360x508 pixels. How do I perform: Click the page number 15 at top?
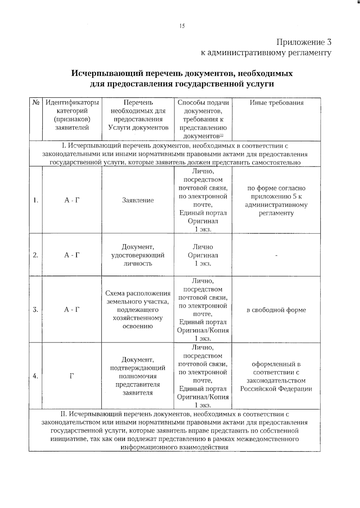click(182, 26)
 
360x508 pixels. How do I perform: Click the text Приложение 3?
click(304, 42)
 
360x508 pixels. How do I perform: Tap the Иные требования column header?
click(276, 103)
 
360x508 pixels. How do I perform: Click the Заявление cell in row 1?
click(138, 200)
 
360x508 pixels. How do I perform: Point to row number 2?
click(35, 255)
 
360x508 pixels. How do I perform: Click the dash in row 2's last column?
click(276, 255)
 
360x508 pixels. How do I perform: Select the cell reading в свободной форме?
click(276, 310)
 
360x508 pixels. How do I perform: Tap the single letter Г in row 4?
click(72, 376)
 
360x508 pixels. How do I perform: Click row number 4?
click(35, 376)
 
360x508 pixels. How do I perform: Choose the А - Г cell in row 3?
click(72, 310)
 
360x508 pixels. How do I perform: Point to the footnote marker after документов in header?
click(221, 135)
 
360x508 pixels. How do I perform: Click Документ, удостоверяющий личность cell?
click(138, 255)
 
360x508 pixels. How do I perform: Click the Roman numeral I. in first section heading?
click(63, 146)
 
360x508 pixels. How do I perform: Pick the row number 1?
click(35, 200)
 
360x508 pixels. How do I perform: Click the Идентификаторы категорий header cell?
click(72, 115)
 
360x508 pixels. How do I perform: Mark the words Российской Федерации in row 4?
click(276, 389)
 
